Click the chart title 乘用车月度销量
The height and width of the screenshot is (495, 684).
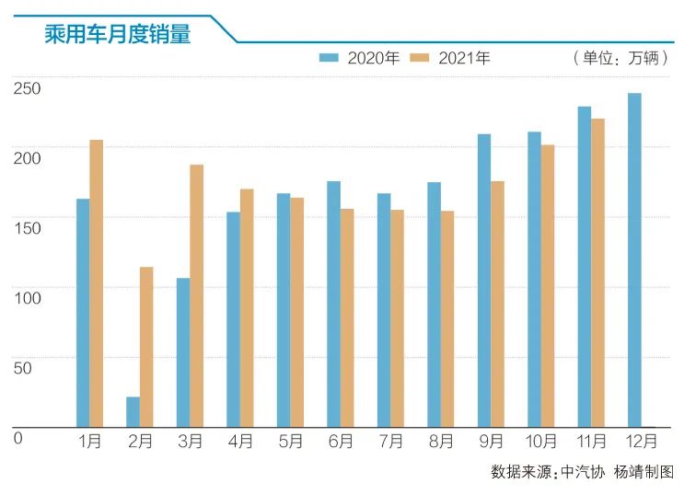click(117, 33)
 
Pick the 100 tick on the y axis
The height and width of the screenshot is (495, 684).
click(27, 297)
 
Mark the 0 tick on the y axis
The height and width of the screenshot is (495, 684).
click(17, 437)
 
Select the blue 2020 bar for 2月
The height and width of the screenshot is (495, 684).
click(133, 411)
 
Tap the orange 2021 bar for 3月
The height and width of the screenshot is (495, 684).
click(196, 295)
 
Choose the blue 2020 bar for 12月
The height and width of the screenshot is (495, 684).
click(634, 259)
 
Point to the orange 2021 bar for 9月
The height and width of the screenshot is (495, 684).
click(497, 304)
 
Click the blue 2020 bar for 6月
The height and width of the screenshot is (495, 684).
click(333, 304)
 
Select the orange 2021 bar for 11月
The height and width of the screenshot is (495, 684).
click(597, 272)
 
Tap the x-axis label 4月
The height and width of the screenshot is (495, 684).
click(240, 442)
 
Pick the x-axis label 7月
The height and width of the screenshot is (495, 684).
click(390, 442)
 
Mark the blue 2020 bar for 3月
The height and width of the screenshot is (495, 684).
click(183, 352)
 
